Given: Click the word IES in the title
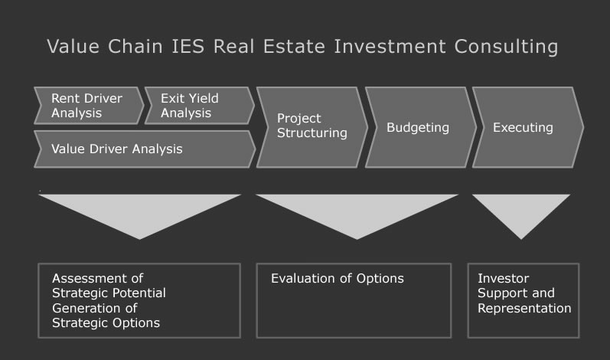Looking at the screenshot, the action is pyautogui.click(x=188, y=46).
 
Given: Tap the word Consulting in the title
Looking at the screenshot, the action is pyautogui.click(x=506, y=47).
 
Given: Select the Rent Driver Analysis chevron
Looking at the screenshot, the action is pyautogui.click(x=89, y=106).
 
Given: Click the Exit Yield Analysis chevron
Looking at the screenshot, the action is pyautogui.click(x=200, y=106).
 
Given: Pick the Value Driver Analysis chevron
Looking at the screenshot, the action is pyautogui.click(x=145, y=149).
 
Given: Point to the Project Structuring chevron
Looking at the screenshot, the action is pyautogui.click(x=312, y=127).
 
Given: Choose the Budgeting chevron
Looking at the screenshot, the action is pyautogui.click(x=421, y=127).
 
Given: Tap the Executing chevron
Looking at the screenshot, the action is pyautogui.click(x=528, y=127).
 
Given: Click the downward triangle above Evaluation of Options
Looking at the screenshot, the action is pyautogui.click(x=357, y=212).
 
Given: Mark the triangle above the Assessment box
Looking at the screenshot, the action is pyautogui.click(x=139, y=212).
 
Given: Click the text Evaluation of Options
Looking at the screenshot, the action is pyautogui.click(x=338, y=279).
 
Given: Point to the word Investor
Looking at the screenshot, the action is pyautogui.click(x=504, y=278).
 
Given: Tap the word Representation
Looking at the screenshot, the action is pyautogui.click(x=524, y=308).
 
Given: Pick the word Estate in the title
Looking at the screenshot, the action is pyautogui.click(x=294, y=46).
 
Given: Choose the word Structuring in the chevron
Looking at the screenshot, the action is pyautogui.click(x=312, y=133).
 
